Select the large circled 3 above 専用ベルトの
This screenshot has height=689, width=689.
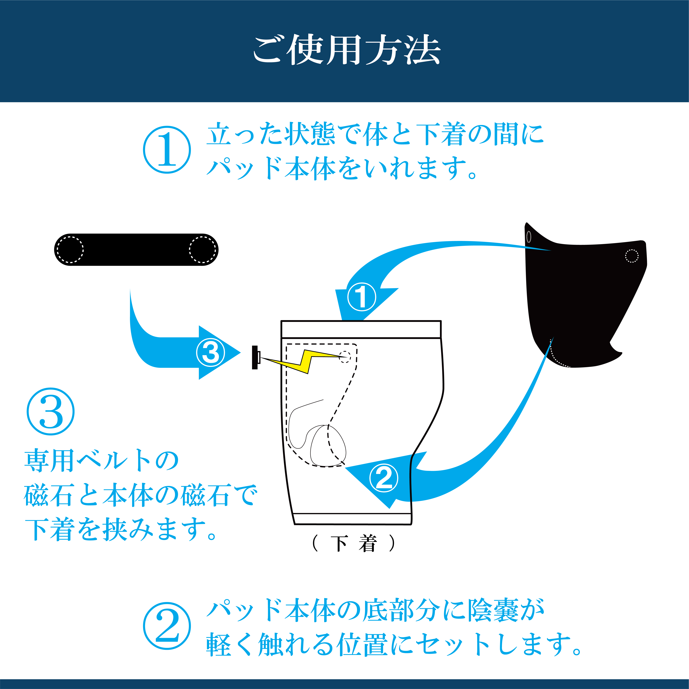coord(51,411)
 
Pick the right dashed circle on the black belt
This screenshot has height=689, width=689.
coord(203,250)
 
